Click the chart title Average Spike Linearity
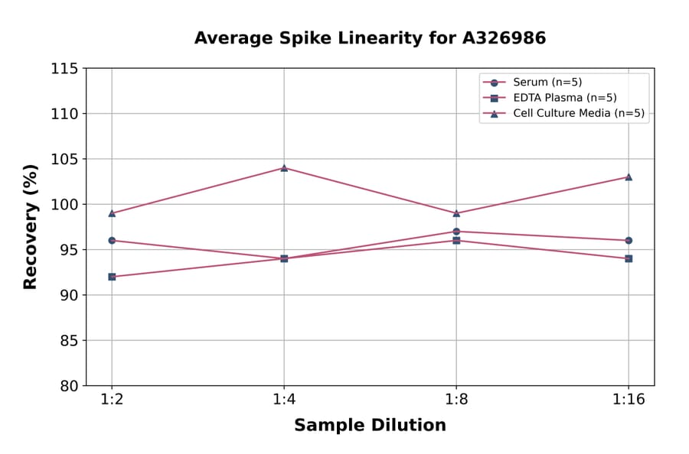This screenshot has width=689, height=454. [x=370, y=38]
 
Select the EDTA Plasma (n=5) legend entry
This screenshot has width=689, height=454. [x=564, y=98]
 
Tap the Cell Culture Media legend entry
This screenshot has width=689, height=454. [x=578, y=114]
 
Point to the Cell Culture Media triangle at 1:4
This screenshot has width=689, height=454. [x=284, y=167]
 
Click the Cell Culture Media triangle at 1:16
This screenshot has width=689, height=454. [x=629, y=177]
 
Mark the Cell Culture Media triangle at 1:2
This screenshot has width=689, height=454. [x=112, y=213]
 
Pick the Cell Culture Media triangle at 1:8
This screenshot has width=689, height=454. [x=456, y=213]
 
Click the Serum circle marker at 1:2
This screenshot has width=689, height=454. [x=112, y=240]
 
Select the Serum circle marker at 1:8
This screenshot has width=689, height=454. [x=456, y=232]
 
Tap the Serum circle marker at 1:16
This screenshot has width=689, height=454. [x=629, y=240]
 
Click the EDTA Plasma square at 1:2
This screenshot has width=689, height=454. [x=112, y=277]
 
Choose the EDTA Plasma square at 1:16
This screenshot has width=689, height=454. [x=629, y=258]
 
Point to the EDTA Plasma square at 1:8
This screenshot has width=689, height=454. [x=456, y=241]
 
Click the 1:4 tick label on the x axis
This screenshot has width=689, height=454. [x=284, y=400]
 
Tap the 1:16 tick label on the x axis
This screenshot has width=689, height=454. [x=629, y=400]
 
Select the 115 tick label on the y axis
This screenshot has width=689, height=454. [x=64, y=69]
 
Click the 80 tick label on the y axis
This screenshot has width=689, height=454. [x=69, y=386]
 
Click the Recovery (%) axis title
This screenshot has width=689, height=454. [x=31, y=227]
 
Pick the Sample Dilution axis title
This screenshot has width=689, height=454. [x=370, y=426]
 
